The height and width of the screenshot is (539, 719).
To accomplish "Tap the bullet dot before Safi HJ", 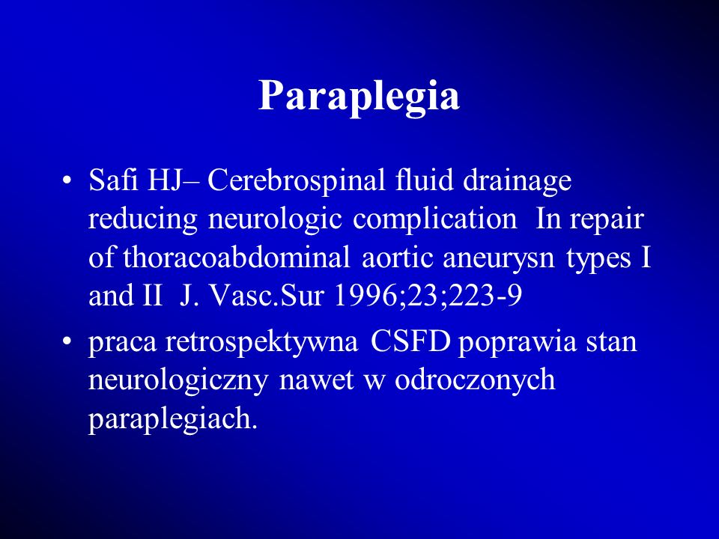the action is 67,180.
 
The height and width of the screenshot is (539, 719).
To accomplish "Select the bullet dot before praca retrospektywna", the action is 67,341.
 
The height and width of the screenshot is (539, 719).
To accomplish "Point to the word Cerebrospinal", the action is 297,180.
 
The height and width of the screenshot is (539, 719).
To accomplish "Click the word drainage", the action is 517,181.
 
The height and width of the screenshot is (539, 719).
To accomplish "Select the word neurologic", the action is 275,219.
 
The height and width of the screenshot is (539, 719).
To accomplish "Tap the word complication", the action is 434,219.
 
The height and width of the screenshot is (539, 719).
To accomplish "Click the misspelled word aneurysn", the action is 499,259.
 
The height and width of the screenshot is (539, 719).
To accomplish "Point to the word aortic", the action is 397,258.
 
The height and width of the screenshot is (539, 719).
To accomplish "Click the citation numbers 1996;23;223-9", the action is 428,296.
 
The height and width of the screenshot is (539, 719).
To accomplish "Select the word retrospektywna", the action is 261,342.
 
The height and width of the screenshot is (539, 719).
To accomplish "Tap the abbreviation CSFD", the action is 410,341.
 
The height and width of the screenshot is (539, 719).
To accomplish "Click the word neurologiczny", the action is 178,381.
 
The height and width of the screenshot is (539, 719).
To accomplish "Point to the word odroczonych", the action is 475,381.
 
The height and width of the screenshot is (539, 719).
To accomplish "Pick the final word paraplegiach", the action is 172,419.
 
